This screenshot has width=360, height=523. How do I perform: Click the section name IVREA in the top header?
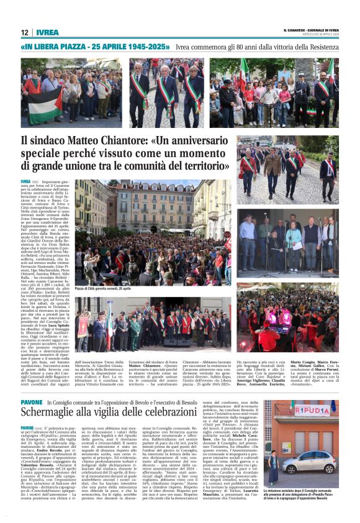[47, 32]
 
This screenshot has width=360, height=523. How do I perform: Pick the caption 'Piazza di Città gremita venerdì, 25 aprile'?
[103, 289]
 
